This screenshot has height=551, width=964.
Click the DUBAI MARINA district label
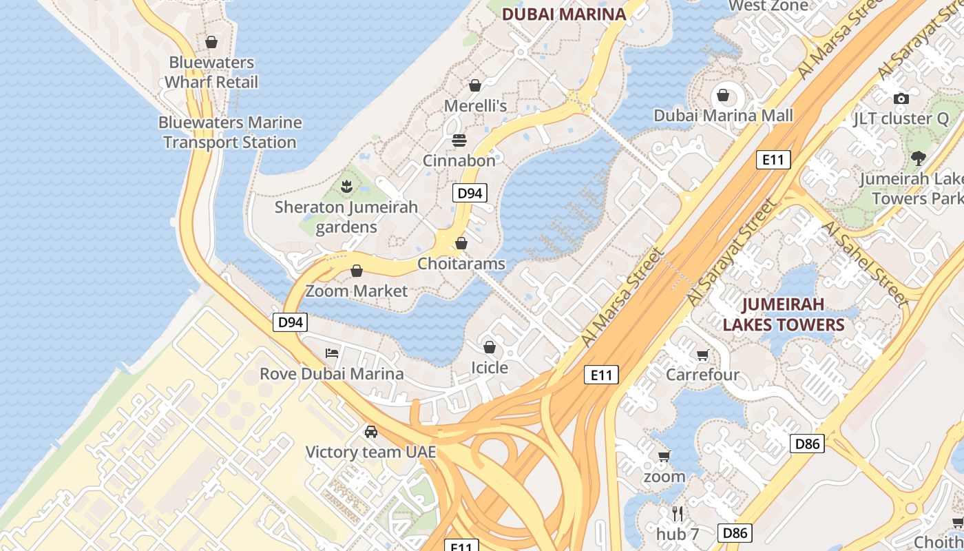(564, 14)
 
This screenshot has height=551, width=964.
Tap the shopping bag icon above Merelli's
(474, 85)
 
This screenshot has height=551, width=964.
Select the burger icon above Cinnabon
(459, 141)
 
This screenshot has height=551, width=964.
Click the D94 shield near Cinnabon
(470, 194)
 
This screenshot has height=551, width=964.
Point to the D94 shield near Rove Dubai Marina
(290, 322)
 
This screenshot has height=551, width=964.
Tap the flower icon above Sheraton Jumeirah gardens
(346, 186)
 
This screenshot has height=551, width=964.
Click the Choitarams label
(461, 264)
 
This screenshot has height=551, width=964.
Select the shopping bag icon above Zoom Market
(357, 271)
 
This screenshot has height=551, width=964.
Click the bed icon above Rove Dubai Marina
(332, 353)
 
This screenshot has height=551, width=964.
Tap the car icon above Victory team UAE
(371, 432)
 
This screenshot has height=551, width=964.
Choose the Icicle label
(490, 368)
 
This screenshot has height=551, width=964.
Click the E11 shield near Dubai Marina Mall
(773, 160)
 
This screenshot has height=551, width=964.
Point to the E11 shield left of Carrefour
(601, 375)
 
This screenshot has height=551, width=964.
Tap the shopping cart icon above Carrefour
(702, 355)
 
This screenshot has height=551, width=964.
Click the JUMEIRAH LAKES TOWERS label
(783, 314)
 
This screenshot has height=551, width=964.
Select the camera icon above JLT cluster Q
(901, 98)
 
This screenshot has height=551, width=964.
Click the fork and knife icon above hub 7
(678, 513)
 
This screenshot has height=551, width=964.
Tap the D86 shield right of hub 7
(735, 532)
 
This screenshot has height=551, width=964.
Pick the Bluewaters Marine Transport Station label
(230, 132)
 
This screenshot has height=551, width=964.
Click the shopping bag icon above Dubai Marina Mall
(723, 95)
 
